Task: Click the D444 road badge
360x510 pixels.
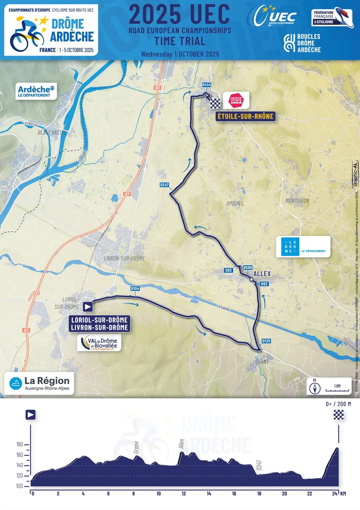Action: click(x=206, y=85)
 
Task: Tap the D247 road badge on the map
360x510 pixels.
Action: click(x=164, y=185)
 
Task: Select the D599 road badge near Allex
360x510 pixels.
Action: click(x=247, y=268)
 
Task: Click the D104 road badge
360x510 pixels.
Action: click(x=135, y=288)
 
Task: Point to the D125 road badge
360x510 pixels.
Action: click(x=266, y=341)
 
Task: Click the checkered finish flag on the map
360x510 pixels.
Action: click(x=215, y=104)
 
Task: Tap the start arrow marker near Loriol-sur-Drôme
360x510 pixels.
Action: click(x=87, y=307)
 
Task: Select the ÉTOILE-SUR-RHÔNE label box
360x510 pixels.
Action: click(x=245, y=116)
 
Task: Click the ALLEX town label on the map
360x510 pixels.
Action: click(x=262, y=274)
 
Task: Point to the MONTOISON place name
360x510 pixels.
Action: click(x=297, y=201)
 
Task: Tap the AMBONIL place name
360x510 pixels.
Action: click(x=235, y=203)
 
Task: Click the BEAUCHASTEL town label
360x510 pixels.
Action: click(x=52, y=133)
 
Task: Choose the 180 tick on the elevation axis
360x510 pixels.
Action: click(x=20, y=444)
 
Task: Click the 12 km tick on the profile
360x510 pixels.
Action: click(x=184, y=493)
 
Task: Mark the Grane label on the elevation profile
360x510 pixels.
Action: click(x=136, y=447)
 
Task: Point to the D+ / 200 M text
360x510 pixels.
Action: click(x=338, y=404)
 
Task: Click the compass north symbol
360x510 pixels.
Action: click(x=315, y=388)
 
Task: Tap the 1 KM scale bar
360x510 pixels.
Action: click(x=337, y=388)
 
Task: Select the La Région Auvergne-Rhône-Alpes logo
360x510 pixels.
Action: click(x=39, y=383)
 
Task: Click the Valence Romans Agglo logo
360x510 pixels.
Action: click(x=236, y=100)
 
